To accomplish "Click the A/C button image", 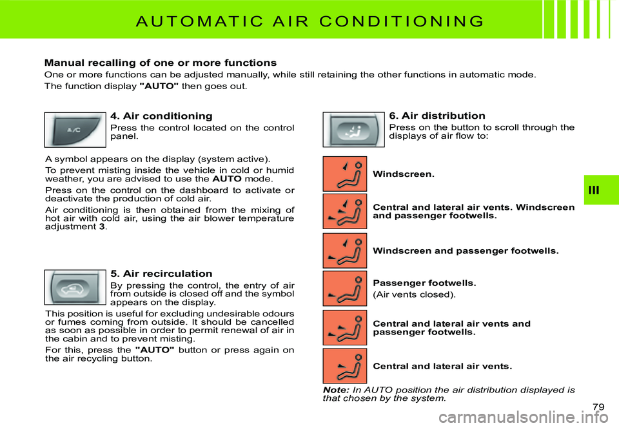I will pyautogui.click(x=75, y=129).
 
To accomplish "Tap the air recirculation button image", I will pyautogui.click(x=75, y=287).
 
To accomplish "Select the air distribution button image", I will pyautogui.click(x=353, y=129).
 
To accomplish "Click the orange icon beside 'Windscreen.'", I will pyautogui.click(x=345, y=174).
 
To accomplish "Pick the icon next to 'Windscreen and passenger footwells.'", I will pyautogui.click(x=345, y=250).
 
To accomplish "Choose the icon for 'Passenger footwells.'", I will pyautogui.click(x=345, y=288).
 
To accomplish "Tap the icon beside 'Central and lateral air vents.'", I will pyautogui.click(x=345, y=366).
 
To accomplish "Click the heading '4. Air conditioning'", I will pyautogui.click(x=161, y=116).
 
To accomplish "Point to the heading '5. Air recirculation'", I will pyautogui.click(x=161, y=274).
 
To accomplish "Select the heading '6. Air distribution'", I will pyautogui.click(x=437, y=116).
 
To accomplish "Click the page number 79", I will pyautogui.click(x=598, y=406).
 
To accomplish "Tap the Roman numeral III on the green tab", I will pyautogui.click(x=601, y=189).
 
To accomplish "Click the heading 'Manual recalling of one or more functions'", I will pyautogui.click(x=160, y=63).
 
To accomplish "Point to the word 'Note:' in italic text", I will pyautogui.click(x=336, y=390).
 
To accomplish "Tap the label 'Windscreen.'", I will pyautogui.click(x=404, y=174).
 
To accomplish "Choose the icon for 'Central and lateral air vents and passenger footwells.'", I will pyautogui.click(x=345, y=327).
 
